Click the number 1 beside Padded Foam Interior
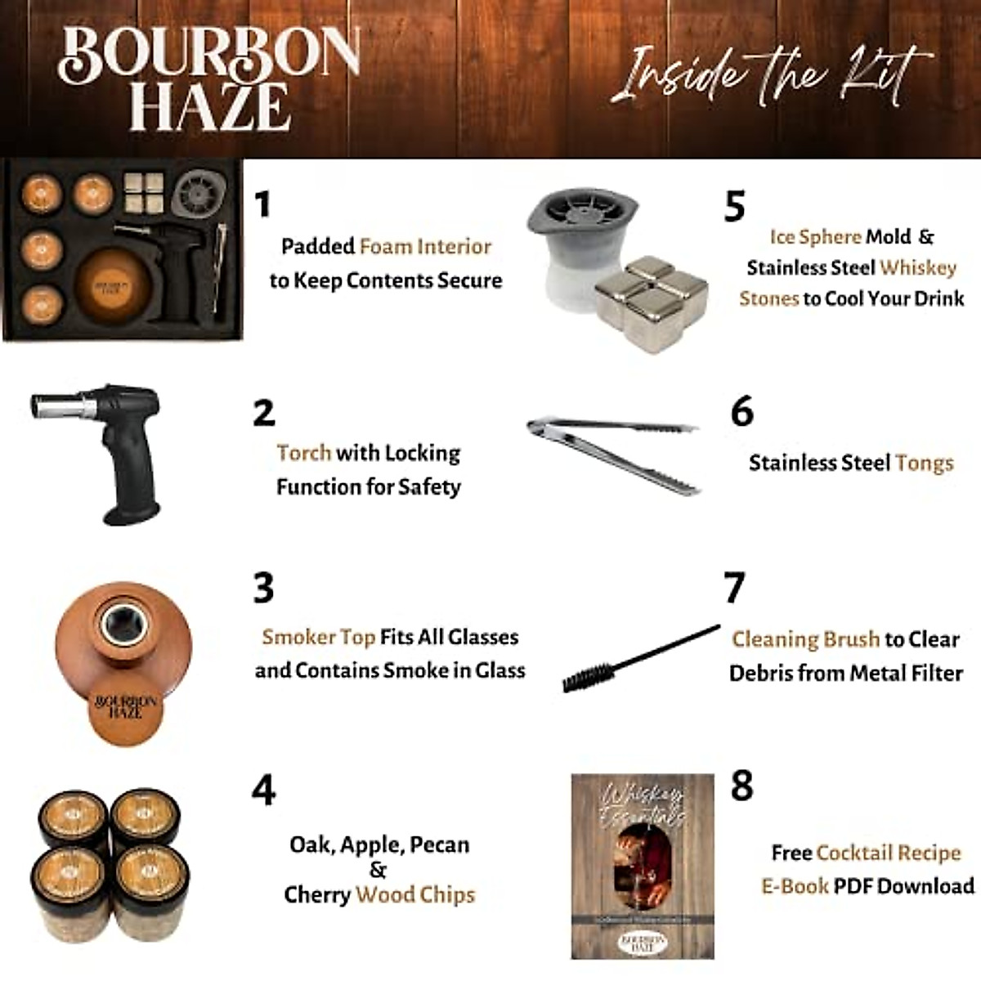(x=262, y=204)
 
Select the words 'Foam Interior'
(x=425, y=247)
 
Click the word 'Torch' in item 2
(x=303, y=453)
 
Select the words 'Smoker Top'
(x=318, y=638)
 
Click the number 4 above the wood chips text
(x=263, y=790)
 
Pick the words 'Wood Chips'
(x=415, y=895)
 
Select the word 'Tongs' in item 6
(x=924, y=464)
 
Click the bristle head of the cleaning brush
(x=584, y=674)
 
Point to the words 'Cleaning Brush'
(x=805, y=639)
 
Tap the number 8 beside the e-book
(x=741, y=786)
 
